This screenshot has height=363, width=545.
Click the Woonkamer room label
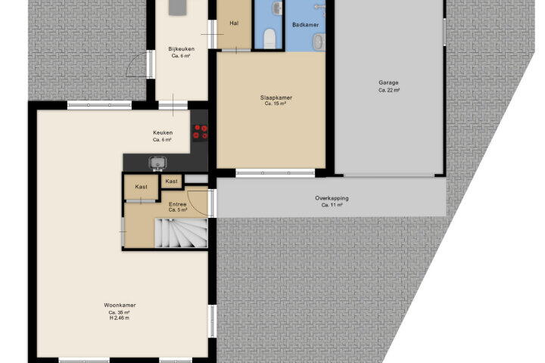click(120, 305)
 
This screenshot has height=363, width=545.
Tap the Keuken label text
click(163, 132)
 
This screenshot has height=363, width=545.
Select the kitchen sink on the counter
click(157, 163)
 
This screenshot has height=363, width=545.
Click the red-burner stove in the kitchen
click(200, 132)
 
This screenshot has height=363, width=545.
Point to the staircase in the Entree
click(181, 233)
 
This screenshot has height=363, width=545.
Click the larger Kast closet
click(141, 188)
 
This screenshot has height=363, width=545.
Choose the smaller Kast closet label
click(171, 181)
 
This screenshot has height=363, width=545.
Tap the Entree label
click(178, 204)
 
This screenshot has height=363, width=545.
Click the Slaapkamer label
click(276, 98)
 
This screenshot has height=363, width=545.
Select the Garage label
click(388, 82)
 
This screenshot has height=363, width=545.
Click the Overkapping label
click(332, 198)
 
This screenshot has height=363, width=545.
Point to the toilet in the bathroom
click(269, 38)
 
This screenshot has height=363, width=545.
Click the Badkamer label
click(306, 25)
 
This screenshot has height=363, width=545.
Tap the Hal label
click(234, 23)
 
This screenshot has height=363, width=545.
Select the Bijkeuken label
click(181, 49)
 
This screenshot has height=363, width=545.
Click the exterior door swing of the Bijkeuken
click(136, 64)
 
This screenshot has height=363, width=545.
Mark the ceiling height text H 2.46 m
click(120, 318)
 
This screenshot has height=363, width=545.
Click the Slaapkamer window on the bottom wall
click(276, 173)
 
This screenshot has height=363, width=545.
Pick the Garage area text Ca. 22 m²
click(389, 90)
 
